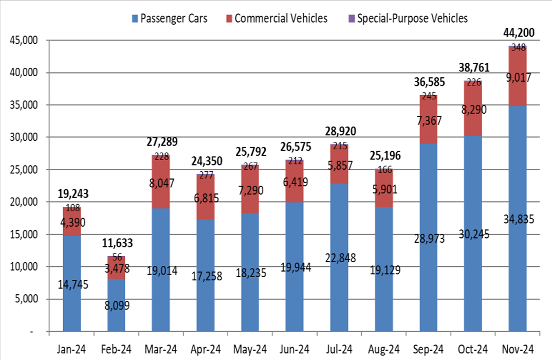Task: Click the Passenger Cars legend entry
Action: pos(169,19)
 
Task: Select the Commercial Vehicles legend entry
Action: pos(280,19)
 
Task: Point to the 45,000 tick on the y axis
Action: pos(24,41)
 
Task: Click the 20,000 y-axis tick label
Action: pos(24,202)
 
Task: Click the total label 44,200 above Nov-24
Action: pos(518,33)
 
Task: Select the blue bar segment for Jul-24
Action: pos(339,288)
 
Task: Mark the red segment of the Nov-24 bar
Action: pos(518,93)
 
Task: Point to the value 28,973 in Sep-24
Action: pos(429,238)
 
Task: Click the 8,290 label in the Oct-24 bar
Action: pos(473,110)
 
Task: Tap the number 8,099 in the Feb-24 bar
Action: pos(116,305)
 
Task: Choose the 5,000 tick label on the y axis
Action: pos(28,299)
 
